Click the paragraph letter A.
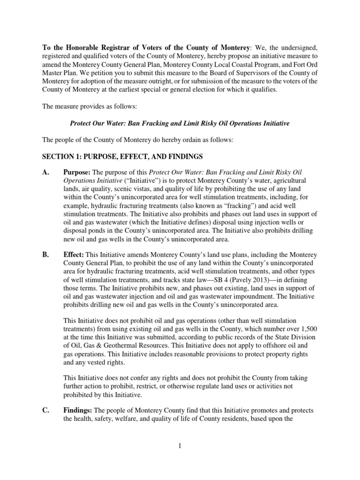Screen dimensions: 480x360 coord(46,172)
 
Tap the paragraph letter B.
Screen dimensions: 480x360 coord(46,255)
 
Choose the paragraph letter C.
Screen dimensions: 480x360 coord(46,411)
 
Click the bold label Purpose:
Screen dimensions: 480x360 coord(77,172)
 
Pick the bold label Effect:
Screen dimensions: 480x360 coord(74,255)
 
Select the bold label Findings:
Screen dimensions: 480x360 coord(79,411)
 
